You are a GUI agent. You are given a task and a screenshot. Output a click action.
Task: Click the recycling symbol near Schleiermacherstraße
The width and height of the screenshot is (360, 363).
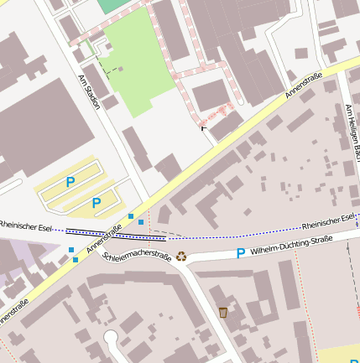click(180, 256)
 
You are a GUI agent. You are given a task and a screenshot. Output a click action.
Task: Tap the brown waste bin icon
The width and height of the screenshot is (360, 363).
click(222, 313)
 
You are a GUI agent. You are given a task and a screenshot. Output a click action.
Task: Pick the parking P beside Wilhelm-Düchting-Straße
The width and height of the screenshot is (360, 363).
click(241, 252)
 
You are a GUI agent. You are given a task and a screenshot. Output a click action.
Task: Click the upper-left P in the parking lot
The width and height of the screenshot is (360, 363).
click(70, 182)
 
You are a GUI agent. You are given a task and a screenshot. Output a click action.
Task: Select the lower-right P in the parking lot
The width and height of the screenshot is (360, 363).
click(97, 202)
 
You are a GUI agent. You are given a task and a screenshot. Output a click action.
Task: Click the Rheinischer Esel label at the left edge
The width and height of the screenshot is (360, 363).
click(26, 226)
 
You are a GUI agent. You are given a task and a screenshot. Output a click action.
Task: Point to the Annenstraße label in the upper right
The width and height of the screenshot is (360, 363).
click(298, 87)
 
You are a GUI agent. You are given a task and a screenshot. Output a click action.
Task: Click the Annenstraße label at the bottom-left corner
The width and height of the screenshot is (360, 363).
click(14, 313)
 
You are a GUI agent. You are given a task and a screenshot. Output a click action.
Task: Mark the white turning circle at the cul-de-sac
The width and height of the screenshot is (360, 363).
click(110, 338)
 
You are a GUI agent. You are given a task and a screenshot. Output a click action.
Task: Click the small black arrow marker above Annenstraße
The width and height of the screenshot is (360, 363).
click(202, 128)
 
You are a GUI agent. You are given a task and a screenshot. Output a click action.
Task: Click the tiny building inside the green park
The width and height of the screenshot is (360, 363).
click(122, 69)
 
